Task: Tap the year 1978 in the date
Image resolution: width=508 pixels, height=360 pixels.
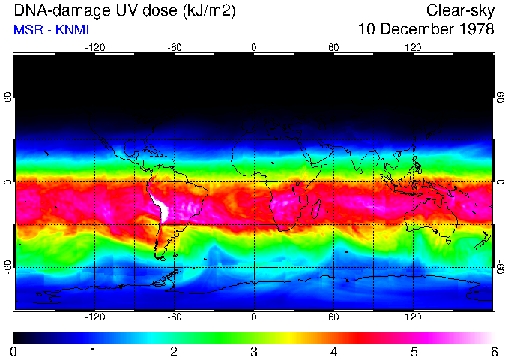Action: click(474, 30)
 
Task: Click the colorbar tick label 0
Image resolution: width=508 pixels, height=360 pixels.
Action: click(13, 351)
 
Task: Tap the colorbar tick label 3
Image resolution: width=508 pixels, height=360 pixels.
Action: click(253, 351)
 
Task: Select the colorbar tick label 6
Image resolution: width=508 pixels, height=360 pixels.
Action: click(493, 351)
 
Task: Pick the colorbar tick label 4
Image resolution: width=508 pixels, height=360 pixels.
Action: click(333, 351)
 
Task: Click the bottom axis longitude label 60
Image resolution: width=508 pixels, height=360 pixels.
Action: click(333, 316)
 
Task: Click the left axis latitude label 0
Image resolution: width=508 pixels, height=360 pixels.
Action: click(7, 182)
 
